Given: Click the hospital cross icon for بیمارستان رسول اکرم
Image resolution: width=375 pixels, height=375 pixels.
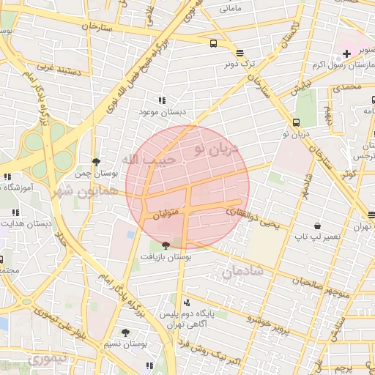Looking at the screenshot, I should [x=346, y=54].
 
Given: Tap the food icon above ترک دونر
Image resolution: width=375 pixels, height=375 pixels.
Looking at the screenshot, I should [x=240, y=52].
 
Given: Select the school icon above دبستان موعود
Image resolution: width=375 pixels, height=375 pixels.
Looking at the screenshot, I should [x=161, y=100].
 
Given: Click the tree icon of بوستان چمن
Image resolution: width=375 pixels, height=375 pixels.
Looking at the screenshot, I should [x=96, y=162].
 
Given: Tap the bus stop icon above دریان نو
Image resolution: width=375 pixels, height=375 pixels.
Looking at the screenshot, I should [x=296, y=122].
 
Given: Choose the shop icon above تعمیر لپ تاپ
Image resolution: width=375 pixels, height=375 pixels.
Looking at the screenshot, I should [x=316, y=226].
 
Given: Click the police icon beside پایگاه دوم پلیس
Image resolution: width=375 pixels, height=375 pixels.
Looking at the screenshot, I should [x=186, y=302].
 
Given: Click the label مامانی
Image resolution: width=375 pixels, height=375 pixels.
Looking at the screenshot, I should [x=229, y=10].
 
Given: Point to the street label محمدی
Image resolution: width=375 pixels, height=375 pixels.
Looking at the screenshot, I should [x=347, y=87].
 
